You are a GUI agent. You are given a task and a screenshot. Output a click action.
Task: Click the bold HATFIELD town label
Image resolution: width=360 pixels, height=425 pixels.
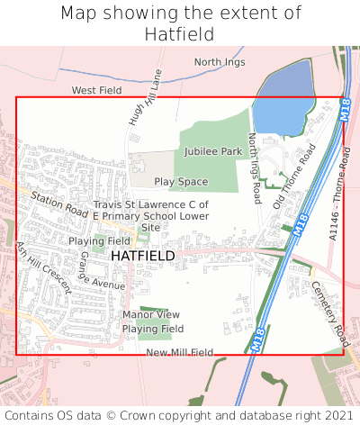point(143,256)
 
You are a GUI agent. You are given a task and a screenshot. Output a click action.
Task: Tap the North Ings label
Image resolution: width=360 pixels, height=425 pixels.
point(219,62)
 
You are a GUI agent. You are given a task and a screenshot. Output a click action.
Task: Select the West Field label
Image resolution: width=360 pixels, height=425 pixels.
point(96,91)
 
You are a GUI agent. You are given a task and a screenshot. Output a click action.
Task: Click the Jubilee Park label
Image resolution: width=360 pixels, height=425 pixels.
point(213,151)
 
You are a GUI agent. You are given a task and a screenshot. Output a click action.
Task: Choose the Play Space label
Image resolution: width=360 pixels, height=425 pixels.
point(180,182)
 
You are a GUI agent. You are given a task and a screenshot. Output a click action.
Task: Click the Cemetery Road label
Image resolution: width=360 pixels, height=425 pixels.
point(329,312)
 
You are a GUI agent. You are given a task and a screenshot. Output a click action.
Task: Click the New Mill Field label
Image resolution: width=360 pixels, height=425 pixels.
point(180,352)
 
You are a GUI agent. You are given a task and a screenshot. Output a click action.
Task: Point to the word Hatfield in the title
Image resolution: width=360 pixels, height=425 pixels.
point(179,33)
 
